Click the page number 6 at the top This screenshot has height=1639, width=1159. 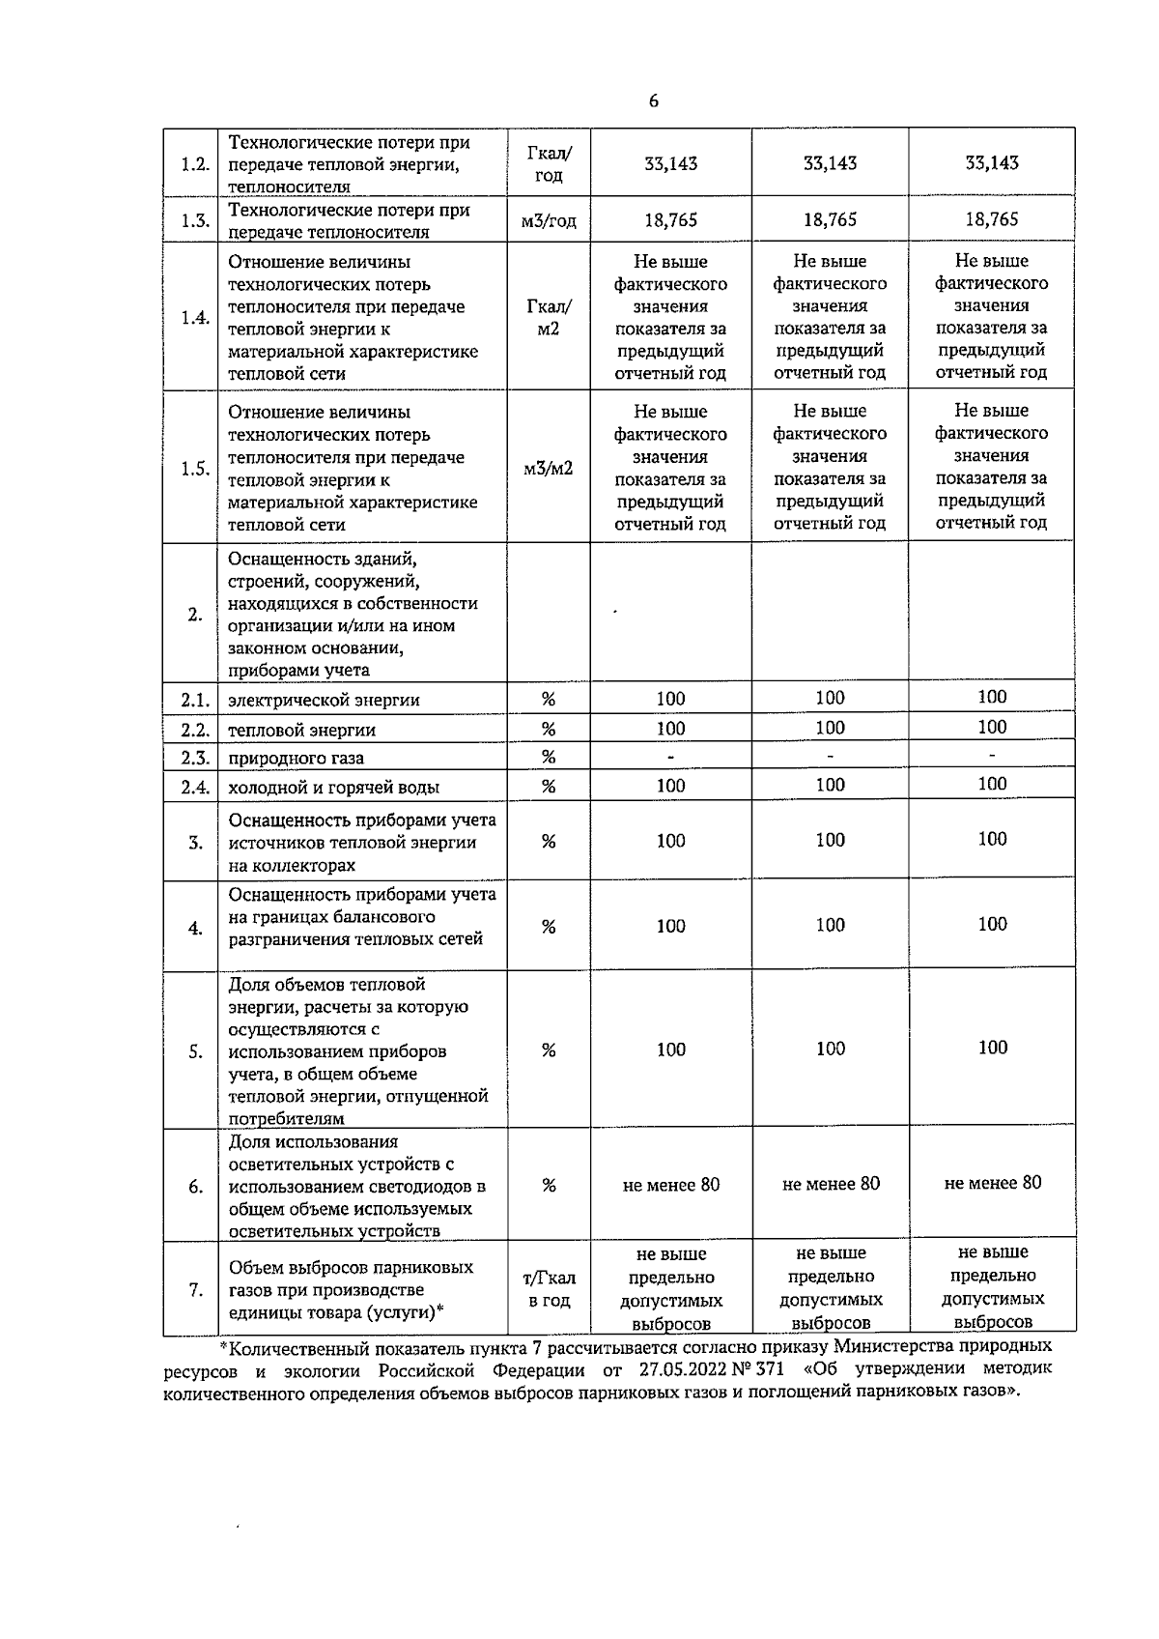coord(654,101)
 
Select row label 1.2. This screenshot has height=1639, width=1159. coord(195,163)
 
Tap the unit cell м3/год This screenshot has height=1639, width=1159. coord(549,220)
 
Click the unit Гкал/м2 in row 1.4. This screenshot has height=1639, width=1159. coord(549,318)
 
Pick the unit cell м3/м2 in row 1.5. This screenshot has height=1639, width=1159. coord(549,468)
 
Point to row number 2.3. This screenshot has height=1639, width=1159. coord(195,758)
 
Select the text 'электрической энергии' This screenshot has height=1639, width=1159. coord(324,700)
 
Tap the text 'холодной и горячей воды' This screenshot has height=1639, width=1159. coord(333,788)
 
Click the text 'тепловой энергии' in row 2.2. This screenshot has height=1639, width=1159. coord(301,730)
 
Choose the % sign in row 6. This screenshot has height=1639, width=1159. coord(549,1186)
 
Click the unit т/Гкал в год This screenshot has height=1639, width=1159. coord(549,1289)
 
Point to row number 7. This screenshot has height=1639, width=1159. coord(195,1290)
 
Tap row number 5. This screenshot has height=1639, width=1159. coord(195,1051)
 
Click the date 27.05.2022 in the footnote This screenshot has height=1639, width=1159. coord(682,1369)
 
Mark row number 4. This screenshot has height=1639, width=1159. coord(195,928)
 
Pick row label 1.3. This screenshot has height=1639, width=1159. coord(195,221)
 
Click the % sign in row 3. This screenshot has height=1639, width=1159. coord(549,842)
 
